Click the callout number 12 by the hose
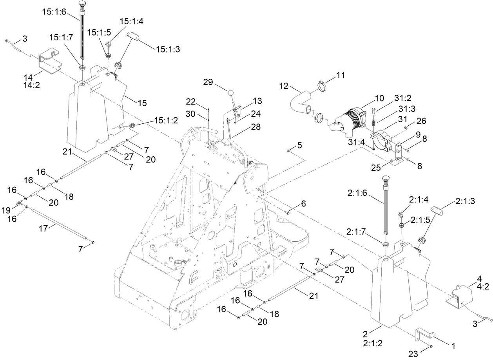click(284, 85)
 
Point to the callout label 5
click(299, 145)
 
